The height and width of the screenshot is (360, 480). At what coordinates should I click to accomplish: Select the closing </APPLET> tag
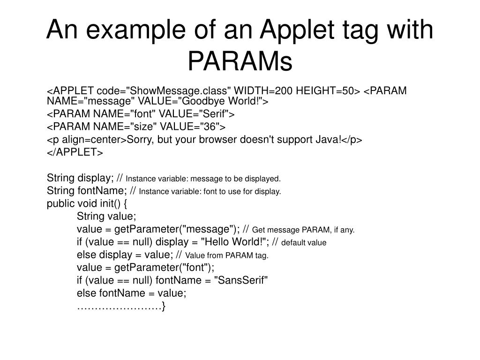pyautogui.click(x=75, y=153)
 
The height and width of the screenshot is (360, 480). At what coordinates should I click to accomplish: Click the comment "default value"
pyautogui.click(x=304, y=243)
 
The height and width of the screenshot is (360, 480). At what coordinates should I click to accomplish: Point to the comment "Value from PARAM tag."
pyautogui.click(x=227, y=255)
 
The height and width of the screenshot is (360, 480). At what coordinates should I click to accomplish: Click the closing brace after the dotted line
pyautogui.click(x=163, y=306)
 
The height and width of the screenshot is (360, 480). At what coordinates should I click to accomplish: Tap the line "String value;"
pyautogui.click(x=106, y=216)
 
